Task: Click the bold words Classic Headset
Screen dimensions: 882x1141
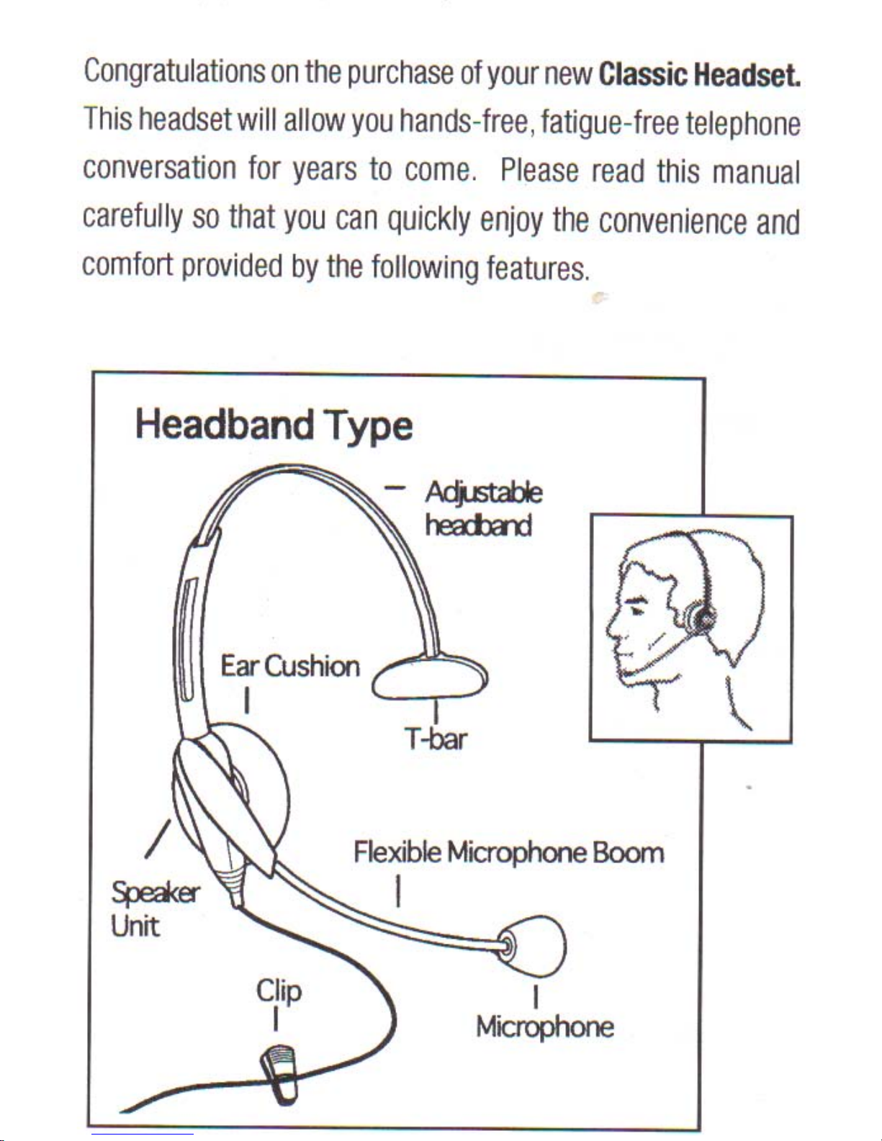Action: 699,76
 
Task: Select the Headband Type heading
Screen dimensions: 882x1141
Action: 274,426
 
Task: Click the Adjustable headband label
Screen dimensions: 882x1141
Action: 484,509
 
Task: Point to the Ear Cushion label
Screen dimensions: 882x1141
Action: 290,667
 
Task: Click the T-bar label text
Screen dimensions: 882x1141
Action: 435,739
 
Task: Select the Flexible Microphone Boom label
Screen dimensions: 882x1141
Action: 509,852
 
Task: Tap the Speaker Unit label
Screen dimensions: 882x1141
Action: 156,910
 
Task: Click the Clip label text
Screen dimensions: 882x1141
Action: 279,992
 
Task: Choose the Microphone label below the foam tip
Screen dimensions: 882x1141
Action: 545,1027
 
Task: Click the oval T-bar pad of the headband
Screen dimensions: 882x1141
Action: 430,678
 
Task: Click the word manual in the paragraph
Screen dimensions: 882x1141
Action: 755,172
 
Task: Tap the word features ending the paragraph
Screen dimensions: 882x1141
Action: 536,268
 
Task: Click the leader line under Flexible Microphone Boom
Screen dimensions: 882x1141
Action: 398,890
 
